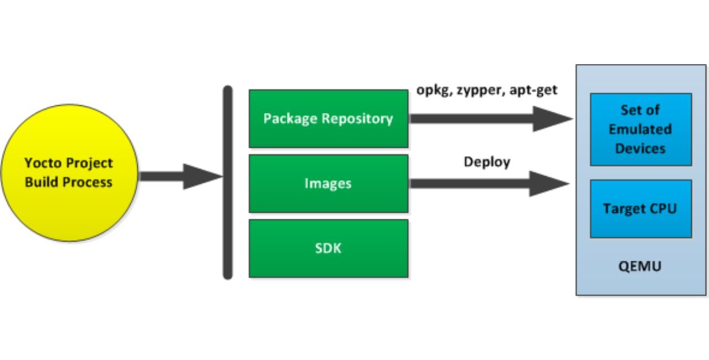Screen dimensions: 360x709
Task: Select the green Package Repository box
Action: [x=328, y=119]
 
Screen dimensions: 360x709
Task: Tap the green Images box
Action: [x=328, y=183]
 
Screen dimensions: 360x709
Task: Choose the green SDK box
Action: [x=328, y=248]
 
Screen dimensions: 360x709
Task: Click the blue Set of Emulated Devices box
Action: [x=640, y=129]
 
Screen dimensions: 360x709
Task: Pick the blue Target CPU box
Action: [x=640, y=209]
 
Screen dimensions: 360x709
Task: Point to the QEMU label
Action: [x=640, y=266]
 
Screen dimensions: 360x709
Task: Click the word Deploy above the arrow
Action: [x=487, y=162]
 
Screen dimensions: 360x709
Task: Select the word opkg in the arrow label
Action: [x=434, y=90]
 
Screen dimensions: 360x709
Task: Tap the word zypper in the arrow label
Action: [x=481, y=90]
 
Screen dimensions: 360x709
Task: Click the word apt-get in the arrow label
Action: [x=535, y=90]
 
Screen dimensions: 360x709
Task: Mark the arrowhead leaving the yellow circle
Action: [x=202, y=176]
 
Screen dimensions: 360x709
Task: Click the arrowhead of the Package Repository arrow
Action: [x=551, y=119]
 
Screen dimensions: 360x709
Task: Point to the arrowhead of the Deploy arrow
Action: [x=548, y=183]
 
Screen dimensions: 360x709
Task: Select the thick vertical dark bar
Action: [x=227, y=182]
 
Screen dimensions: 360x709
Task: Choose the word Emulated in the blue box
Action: [x=640, y=129]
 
